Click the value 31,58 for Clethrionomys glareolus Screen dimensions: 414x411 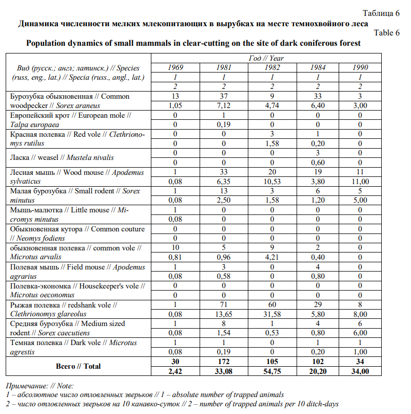pyautogui.click(x=272, y=314)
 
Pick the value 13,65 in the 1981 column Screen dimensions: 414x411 pyautogui.click(x=223, y=314)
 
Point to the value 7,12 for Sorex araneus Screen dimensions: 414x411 pyautogui.click(x=223, y=106)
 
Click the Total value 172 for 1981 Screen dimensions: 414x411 pyautogui.click(x=223, y=362)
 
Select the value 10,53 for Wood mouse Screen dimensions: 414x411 pyautogui.click(x=272, y=182)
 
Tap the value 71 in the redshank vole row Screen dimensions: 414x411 pyautogui.click(x=223, y=305)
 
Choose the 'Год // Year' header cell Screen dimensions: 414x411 pyautogui.click(x=266, y=58)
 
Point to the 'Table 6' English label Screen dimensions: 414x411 pyautogui.click(x=386, y=33)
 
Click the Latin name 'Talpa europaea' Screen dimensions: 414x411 pyautogui.click(x=34, y=124)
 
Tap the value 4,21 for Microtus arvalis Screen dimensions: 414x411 pyautogui.click(x=272, y=258)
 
